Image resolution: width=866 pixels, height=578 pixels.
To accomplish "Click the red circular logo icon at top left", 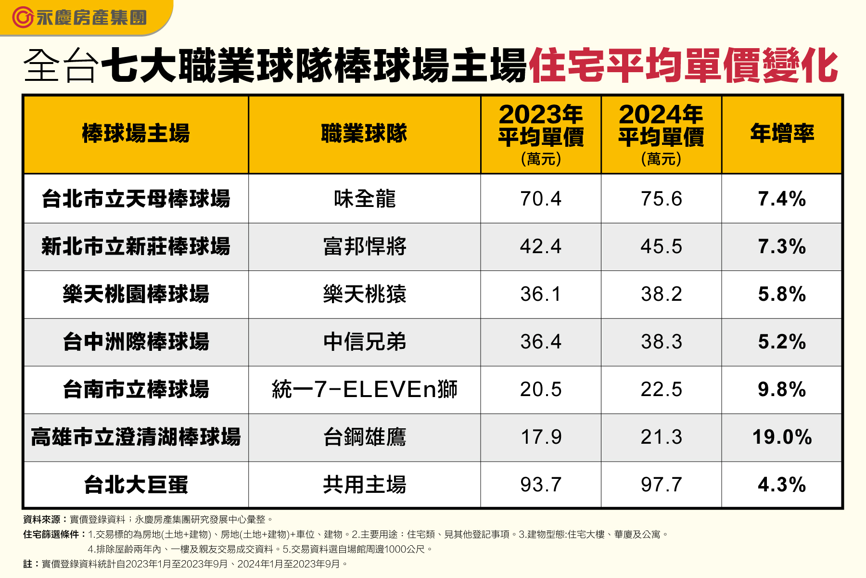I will pyautogui.click(x=22, y=18).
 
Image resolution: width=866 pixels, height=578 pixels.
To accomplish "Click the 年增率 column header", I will pyautogui.click(x=782, y=133).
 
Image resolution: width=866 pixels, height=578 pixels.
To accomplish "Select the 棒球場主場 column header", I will pyautogui.click(x=136, y=133).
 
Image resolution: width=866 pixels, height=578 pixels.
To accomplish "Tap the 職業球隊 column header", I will pyautogui.click(x=364, y=133).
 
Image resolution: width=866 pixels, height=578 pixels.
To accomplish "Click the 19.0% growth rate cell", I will pyautogui.click(x=782, y=437).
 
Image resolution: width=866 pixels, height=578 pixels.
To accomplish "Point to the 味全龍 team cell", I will pyautogui.click(x=364, y=199).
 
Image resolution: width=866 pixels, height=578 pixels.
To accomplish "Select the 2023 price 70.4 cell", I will pyautogui.click(x=541, y=199).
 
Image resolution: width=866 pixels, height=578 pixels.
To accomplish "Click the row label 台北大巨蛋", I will pyautogui.click(x=136, y=485).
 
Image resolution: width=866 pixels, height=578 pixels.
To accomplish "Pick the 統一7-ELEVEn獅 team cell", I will pyautogui.click(x=364, y=389).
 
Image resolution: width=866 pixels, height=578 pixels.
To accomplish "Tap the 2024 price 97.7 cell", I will pyautogui.click(x=661, y=485).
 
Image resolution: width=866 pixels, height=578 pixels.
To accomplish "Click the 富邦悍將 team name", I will pyautogui.click(x=364, y=246).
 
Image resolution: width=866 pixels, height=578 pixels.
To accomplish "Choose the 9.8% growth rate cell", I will pyautogui.click(x=782, y=389).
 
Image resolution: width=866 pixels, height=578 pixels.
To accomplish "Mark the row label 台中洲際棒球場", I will pyautogui.click(x=136, y=342).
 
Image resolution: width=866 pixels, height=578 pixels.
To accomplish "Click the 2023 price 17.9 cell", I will pyautogui.click(x=541, y=437).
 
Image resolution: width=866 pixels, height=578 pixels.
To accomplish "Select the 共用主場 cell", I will pyautogui.click(x=364, y=485).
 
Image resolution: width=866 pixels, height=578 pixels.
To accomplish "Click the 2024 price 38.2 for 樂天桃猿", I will pyautogui.click(x=661, y=294).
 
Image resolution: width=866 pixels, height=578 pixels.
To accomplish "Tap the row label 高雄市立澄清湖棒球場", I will pyautogui.click(x=136, y=437).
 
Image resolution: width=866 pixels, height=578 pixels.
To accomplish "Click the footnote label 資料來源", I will pyautogui.click(x=42, y=519).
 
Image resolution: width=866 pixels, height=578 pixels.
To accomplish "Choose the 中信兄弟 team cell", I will pyautogui.click(x=364, y=342).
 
